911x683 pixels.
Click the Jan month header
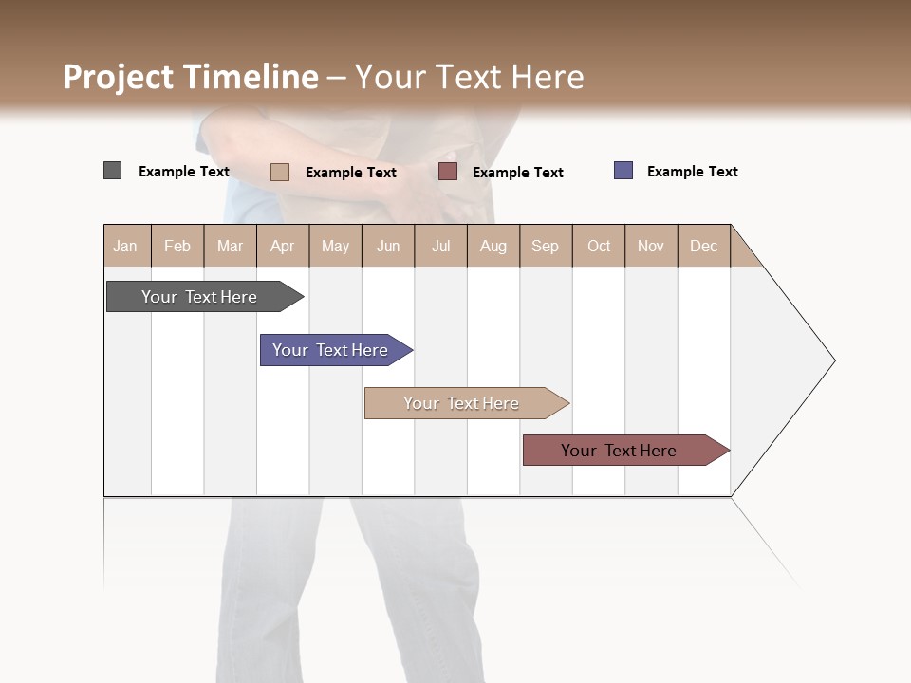[125, 246]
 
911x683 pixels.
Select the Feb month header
[177, 246]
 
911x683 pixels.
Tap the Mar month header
[230, 246]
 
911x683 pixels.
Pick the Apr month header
[283, 246]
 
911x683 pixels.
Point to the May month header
[335, 246]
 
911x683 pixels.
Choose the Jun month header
[388, 246]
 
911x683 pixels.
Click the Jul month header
[440, 246]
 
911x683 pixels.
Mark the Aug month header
[493, 246]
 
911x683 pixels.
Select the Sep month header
[546, 246]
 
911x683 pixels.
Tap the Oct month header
[599, 246]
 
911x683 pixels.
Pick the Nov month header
[651, 246]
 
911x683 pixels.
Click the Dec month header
[704, 246]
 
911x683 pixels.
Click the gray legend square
[113, 171]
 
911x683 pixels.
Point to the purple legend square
[623, 171]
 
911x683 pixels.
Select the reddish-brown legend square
[448, 171]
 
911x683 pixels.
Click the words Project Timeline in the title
[191, 77]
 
